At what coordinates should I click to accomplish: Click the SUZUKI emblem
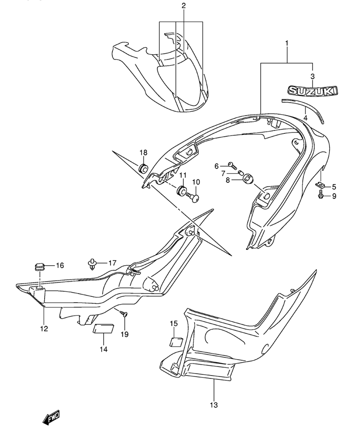313,91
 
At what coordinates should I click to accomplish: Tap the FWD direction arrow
51,417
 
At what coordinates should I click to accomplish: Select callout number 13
214,405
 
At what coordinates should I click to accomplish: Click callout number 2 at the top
183,5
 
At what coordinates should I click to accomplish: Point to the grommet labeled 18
143,168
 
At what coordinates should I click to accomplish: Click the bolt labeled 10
193,197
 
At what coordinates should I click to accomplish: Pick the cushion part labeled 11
181,190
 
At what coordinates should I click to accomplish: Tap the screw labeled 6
232,165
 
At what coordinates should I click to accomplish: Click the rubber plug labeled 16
40,267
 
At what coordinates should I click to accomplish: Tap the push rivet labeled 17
92,263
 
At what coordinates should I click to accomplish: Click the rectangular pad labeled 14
103,328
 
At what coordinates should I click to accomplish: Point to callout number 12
44,329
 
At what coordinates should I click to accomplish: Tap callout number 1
287,43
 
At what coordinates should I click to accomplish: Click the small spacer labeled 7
240,173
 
